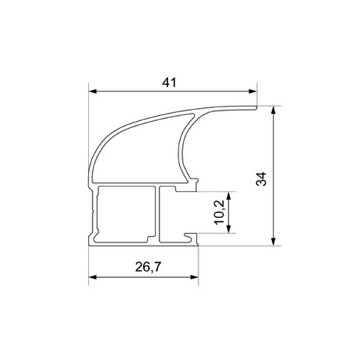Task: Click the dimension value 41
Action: click(169, 83)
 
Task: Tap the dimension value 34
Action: click(261, 179)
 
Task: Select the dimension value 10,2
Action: click(220, 212)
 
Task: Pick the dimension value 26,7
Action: click(148, 267)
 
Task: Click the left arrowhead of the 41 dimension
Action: click(93, 91)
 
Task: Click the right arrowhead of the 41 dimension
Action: click(253, 91)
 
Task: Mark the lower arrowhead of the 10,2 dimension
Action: click(228, 229)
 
